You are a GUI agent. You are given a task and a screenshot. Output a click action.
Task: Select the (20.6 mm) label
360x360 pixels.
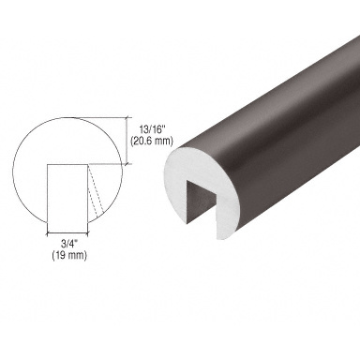(x=151, y=141)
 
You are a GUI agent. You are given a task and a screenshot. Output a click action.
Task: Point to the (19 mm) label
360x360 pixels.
(x=69, y=255)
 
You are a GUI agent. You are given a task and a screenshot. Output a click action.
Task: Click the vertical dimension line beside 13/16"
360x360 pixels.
(x=127, y=141)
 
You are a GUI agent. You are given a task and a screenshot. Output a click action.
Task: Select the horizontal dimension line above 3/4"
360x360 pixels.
(x=67, y=232)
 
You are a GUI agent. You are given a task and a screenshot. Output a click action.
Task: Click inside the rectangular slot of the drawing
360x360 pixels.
(x=67, y=193)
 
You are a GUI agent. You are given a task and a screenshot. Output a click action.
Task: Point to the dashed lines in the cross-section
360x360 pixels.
(x=96, y=191)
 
